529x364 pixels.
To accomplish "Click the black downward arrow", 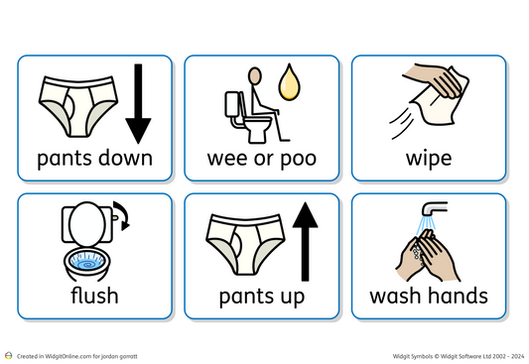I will pos(138,104).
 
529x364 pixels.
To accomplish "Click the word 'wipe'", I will pos(428,158).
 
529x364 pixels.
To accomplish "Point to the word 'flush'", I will pos(94,295).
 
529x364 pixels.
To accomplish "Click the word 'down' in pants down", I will pos(126,158).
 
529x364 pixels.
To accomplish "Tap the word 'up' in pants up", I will pos(292,297).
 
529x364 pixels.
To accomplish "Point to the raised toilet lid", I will pos(86,221).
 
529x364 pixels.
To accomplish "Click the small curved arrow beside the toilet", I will pos(121,213).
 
